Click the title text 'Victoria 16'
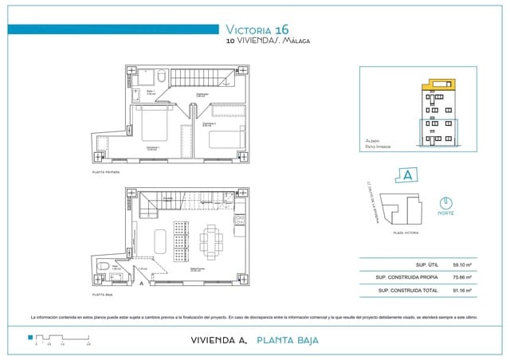257,29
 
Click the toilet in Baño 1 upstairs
160,76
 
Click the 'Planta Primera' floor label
106,171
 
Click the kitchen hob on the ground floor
237,221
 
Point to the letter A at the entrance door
141,283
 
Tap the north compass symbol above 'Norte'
446,203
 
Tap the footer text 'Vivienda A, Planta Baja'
255,340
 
